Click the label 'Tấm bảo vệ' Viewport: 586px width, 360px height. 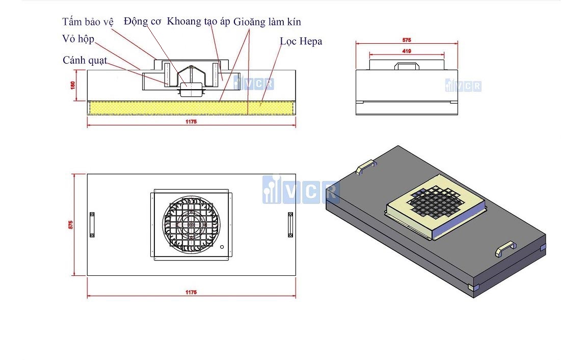point(88,22)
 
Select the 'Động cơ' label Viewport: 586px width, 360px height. point(142,21)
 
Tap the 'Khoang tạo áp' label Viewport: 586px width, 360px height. point(199,21)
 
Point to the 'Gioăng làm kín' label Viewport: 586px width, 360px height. point(267,22)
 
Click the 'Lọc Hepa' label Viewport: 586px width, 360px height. point(301,41)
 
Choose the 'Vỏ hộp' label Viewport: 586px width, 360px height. point(78,39)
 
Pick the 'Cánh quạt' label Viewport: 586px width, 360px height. point(85,60)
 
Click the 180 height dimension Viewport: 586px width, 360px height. point(73,85)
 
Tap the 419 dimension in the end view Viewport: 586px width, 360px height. point(406,51)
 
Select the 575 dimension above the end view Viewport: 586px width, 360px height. point(406,40)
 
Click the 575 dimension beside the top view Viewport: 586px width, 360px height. point(72,224)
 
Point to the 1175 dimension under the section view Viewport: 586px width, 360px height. point(191,122)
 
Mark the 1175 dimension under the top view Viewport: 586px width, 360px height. point(191,292)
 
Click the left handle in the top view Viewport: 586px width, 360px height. point(92,224)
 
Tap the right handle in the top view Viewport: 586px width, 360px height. point(290,224)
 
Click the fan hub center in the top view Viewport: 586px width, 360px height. point(191,224)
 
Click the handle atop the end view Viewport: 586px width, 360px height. point(406,65)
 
